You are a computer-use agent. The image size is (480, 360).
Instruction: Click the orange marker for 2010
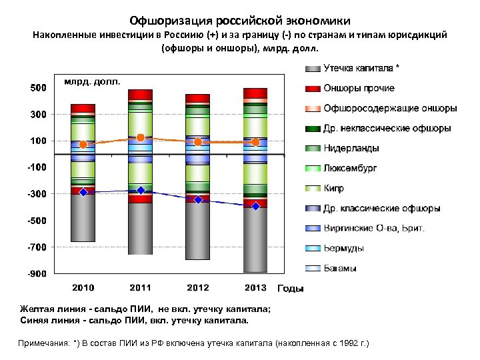coord(83,145)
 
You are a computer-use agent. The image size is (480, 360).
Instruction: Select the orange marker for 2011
coord(141,137)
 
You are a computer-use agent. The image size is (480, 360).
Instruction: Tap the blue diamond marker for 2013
coord(255,207)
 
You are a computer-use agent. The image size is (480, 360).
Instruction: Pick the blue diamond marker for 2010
coord(83,192)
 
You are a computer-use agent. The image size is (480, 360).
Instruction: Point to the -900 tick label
coord(37,273)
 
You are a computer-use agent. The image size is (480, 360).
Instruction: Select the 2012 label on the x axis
coord(198,288)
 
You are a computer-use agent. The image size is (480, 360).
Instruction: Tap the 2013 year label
coord(255,288)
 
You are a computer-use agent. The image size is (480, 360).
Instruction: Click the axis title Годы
coord(290,289)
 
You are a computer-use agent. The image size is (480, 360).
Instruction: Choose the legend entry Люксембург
coord(350,169)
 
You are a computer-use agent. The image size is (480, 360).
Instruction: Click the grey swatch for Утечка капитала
coord(313,69)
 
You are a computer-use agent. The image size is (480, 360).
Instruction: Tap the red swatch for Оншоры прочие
coord(313,89)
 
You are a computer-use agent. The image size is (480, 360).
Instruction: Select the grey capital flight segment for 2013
coord(255,240)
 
